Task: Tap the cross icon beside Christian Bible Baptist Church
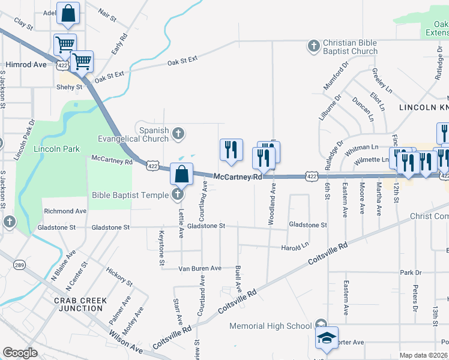pyautogui.click(x=313, y=46)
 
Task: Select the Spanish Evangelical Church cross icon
pyautogui.click(x=178, y=134)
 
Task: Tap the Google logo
pyautogui.click(x=20, y=353)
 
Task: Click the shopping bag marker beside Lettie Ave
pyautogui.click(x=181, y=174)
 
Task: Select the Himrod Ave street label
pyautogui.click(x=26, y=64)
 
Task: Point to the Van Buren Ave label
pyautogui.click(x=200, y=268)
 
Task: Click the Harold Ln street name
pyautogui.click(x=295, y=246)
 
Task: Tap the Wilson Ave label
pyautogui.click(x=126, y=349)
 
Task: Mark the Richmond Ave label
pyautogui.click(x=65, y=211)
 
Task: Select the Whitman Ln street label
pyautogui.click(x=363, y=146)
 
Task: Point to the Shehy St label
pyautogui.click(x=69, y=87)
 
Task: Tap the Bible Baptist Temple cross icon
pyautogui.click(x=177, y=194)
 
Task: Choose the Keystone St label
pyautogui.click(x=161, y=248)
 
